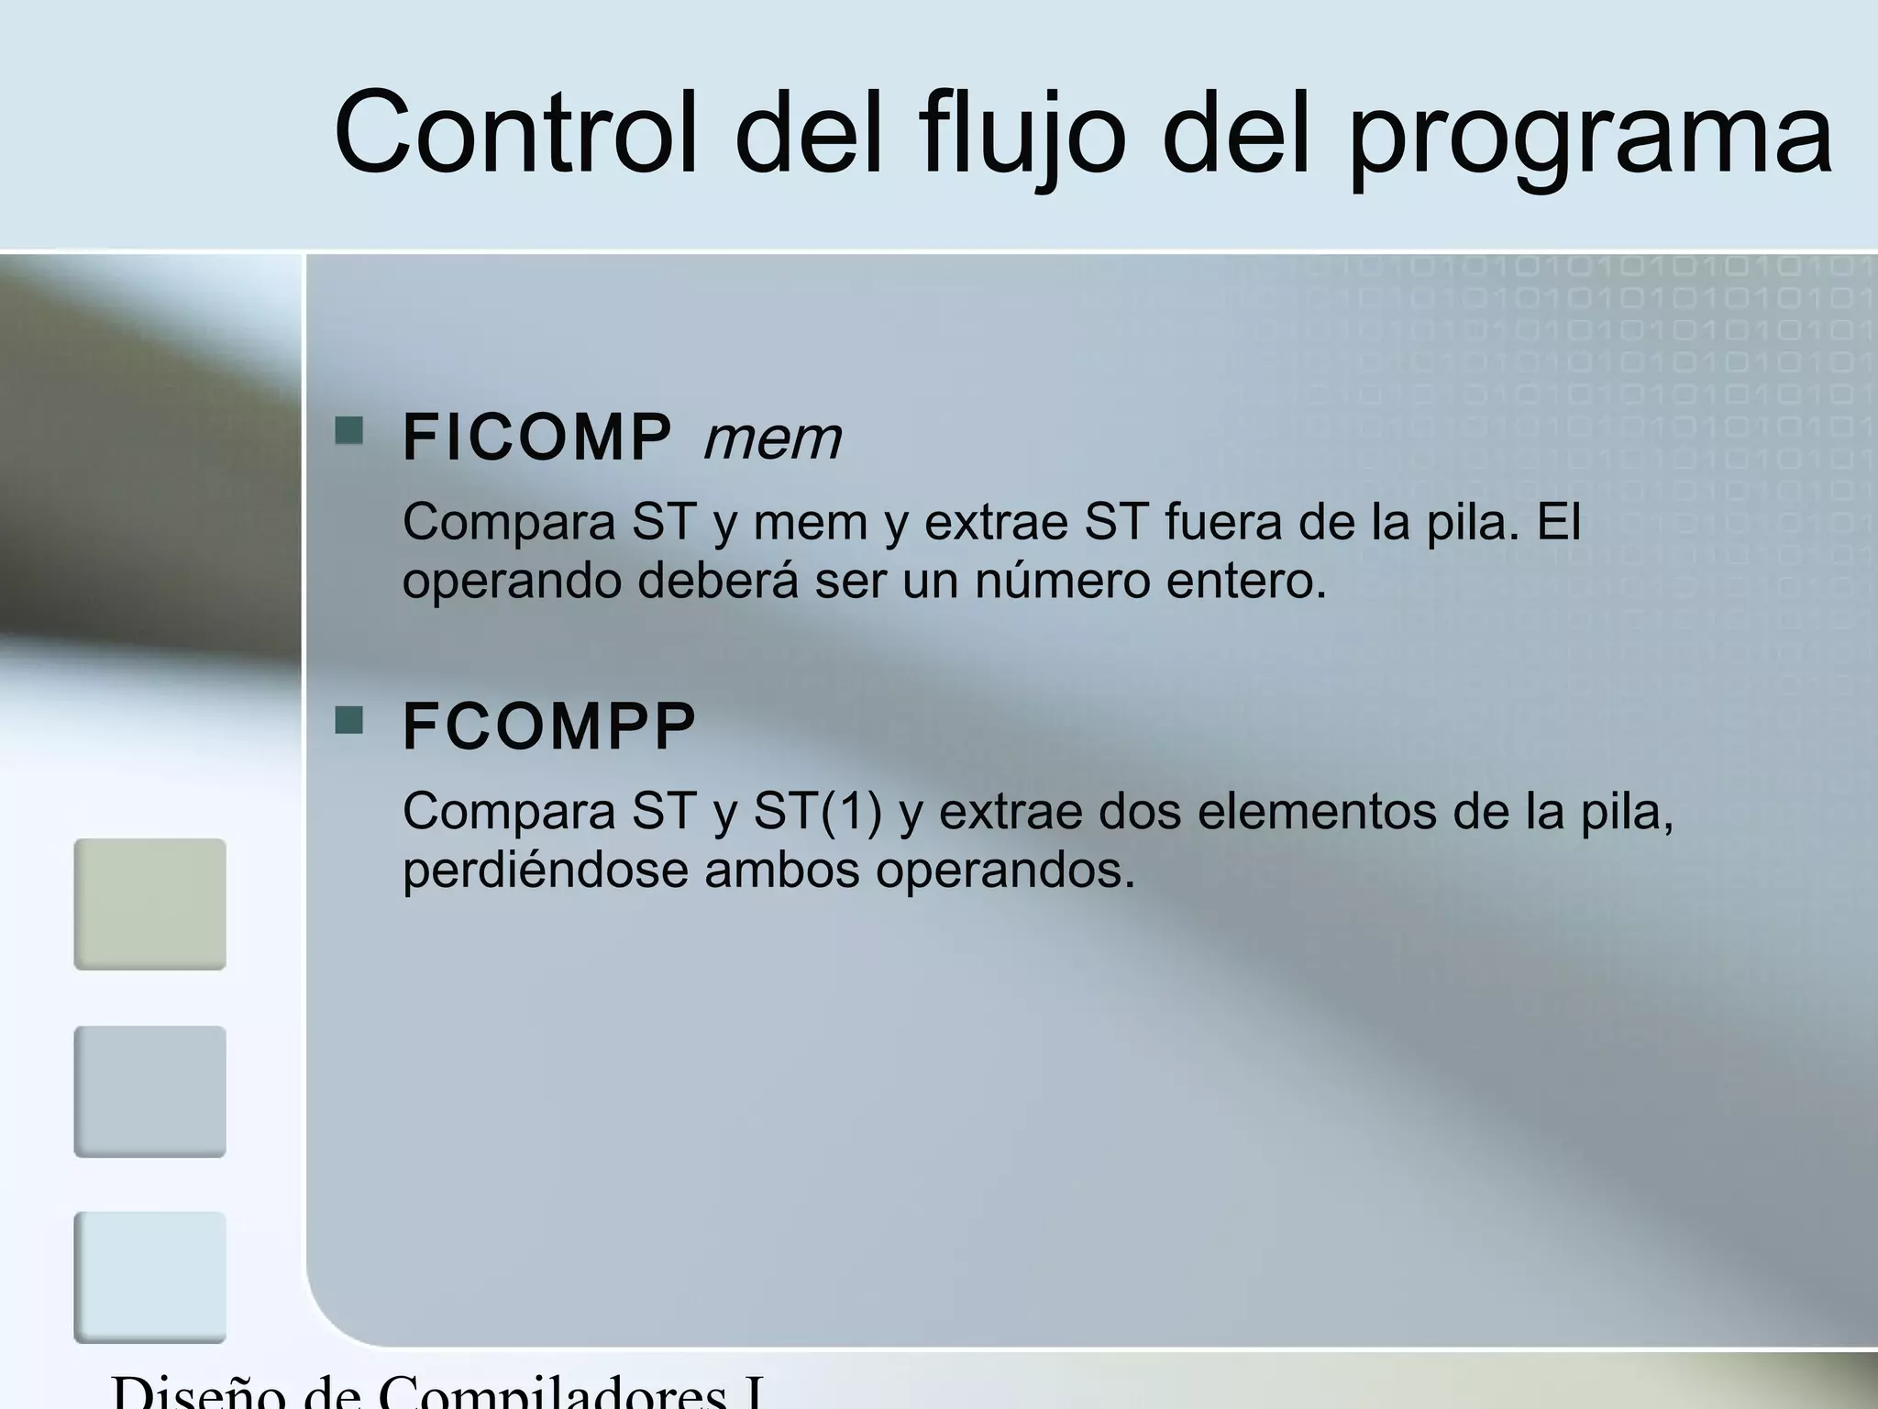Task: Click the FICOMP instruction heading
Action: coord(536,438)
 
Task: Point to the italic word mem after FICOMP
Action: coord(772,439)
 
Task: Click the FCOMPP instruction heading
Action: coord(548,727)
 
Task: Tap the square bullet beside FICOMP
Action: coord(348,431)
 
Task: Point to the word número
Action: coord(1062,581)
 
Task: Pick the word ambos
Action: coord(781,870)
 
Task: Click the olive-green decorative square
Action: coord(149,904)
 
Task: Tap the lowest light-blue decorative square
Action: coord(149,1277)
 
